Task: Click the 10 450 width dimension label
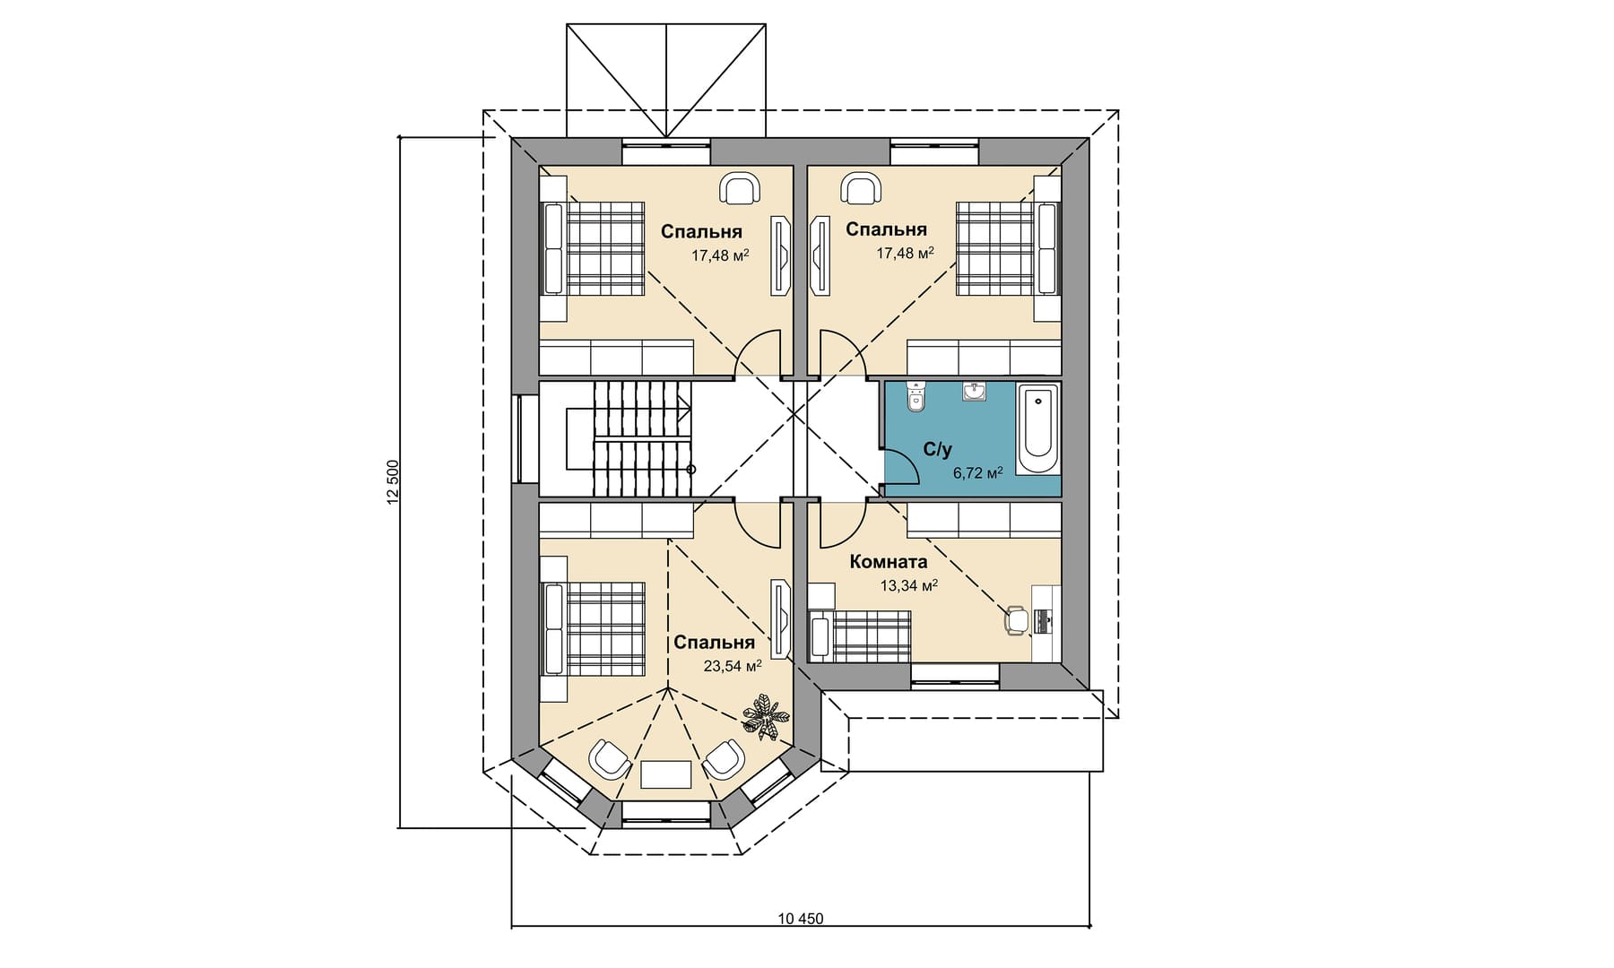click(x=801, y=919)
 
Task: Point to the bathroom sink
click(x=975, y=392)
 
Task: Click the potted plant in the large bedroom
click(x=766, y=716)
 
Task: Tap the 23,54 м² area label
click(x=733, y=666)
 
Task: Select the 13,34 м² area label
click(x=908, y=585)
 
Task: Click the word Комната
click(x=888, y=562)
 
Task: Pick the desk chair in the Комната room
click(x=1016, y=620)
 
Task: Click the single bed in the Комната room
click(x=860, y=636)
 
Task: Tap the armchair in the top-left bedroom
click(x=740, y=187)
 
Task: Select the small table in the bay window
click(x=666, y=774)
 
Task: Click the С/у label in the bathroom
click(x=937, y=449)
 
